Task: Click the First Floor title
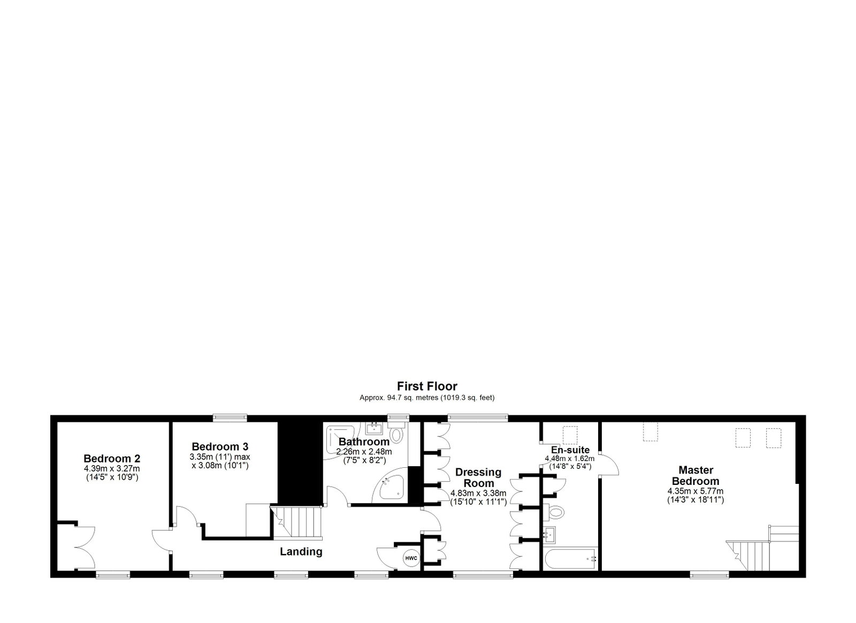click(427, 386)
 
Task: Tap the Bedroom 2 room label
click(112, 458)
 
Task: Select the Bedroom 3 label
click(220, 446)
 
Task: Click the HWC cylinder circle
click(411, 558)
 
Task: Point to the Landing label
click(301, 551)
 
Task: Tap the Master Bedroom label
click(695, 475)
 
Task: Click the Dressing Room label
click(478, 477)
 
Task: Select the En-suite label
click(570, 450)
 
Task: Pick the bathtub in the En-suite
click(570, 559)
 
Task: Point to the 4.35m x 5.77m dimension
click(695, 491)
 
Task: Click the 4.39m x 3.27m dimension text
click(112, 468)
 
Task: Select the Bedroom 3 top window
click(230, 418)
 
